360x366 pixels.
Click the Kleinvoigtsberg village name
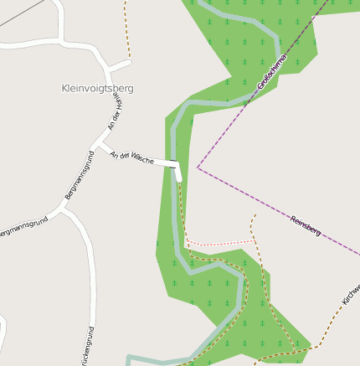pos(97,88)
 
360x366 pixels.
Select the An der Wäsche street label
pos(132,156)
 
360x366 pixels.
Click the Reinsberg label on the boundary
pos(306,225)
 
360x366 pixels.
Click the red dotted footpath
pos(219,244)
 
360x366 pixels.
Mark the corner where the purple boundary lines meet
pos(198,168)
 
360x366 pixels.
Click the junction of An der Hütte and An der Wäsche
pos(101,147)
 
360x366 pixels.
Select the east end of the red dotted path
pos(255,240)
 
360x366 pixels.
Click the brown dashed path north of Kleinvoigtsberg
pos(127,29)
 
